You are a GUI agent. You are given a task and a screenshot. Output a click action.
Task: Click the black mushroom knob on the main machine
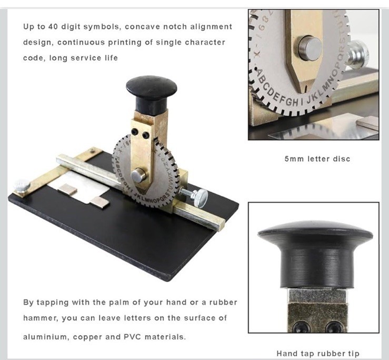pyautogui.click(x=151, y=94)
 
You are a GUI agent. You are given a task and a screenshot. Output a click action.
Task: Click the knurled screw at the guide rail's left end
pyautogui.click(x=22, y=186)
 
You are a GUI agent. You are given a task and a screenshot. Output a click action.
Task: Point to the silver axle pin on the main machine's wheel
pyautogui.click(x=138, y=175)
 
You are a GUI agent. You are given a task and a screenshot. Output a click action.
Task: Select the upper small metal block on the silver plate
pyautogui.click(x=67, y=189)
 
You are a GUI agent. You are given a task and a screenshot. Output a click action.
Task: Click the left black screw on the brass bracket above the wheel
pyautogui.click(x=134, y=131)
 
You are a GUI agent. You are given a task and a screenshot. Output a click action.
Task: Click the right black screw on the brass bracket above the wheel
pyautogui.click(x=146, y=135)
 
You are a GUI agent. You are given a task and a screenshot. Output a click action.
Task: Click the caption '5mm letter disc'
pyautogui.click(x=317, y=159)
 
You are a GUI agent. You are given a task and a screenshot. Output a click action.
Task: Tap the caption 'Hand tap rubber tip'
pyautogui.click(x=318, y=353)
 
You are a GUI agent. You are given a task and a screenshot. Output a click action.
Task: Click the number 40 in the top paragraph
pyautogui.click(x=53, y=26)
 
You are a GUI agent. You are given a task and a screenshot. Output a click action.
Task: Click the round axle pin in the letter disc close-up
pyautogui.click(x=310, y=48)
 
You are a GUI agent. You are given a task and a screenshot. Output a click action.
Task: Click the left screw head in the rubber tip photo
pyautogui.click(x=301, y=326)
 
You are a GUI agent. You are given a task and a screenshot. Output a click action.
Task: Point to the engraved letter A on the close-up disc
pyautogui.click(x=259, y=74)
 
